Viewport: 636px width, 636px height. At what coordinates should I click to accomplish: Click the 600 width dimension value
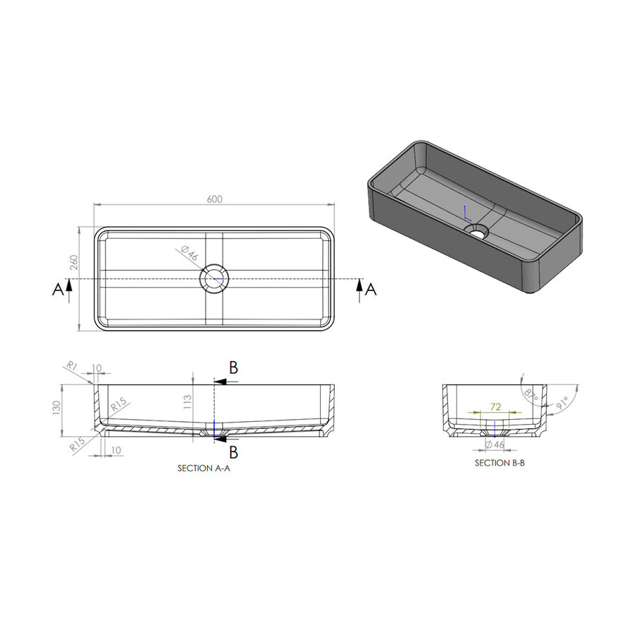coord(215,199)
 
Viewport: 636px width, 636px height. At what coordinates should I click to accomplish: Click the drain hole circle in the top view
coord(214,279)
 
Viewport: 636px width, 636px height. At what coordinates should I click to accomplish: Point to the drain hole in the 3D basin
coord(478,230)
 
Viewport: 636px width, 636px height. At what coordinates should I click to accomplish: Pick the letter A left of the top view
coord(57,288)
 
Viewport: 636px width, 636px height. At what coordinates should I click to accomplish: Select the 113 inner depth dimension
coord(187,402)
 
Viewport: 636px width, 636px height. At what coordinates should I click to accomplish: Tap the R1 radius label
coord(71,365)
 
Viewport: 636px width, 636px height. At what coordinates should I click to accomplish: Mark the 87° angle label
coord(530,393)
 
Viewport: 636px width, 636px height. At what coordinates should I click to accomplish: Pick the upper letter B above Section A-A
coord(232,367)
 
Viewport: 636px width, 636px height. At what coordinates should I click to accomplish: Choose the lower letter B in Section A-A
coord(232,452)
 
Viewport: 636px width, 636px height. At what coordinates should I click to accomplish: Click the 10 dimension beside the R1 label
coord(97,368)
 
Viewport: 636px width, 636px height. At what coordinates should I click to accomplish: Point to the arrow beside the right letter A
coord(360,288)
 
